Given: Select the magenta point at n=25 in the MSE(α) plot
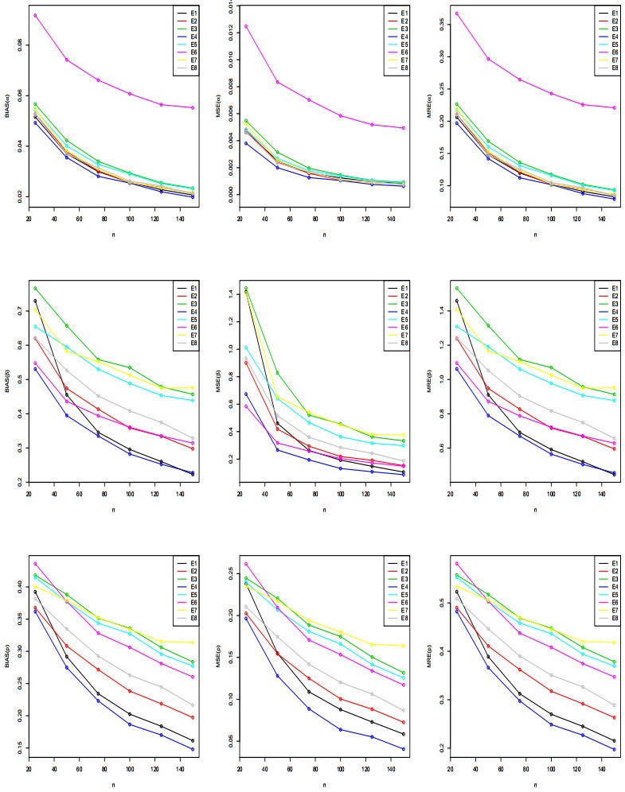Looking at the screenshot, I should coord(245,26).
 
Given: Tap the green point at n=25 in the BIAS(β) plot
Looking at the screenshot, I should coord(35,288).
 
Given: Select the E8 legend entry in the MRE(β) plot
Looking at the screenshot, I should coord(604,342).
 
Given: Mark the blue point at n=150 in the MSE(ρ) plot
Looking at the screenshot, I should coord(404,749).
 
